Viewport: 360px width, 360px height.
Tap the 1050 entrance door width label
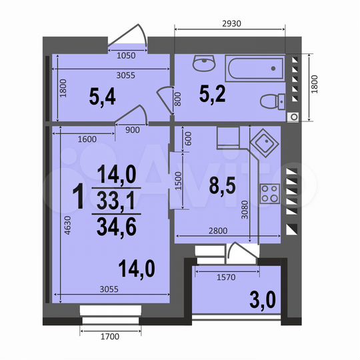point(127,57)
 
